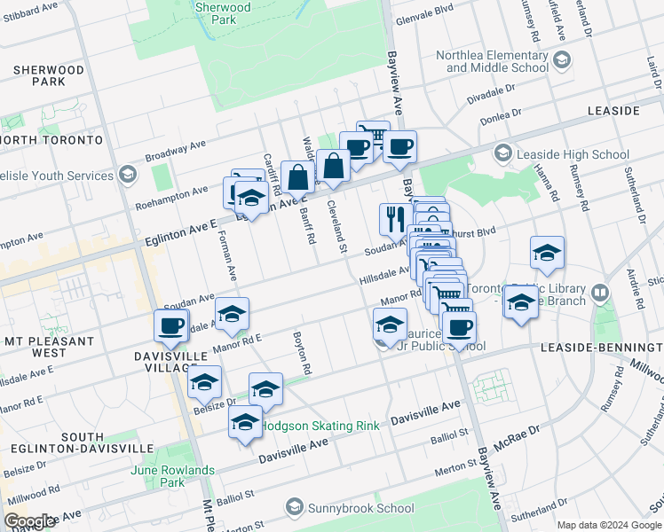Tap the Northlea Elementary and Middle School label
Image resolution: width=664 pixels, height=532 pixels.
(x=491, y=61)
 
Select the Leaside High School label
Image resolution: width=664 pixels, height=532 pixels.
(x=573, y=154)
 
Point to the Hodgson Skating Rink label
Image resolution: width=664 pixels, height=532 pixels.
(x=320, y=426)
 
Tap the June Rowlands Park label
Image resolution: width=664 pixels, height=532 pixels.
(x=173, y=476)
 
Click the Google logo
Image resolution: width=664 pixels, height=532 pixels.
(x=30, y=520)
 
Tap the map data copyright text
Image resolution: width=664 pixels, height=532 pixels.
(x=608, y=525)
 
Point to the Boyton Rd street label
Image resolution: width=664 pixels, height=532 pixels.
(x=301, y=353)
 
